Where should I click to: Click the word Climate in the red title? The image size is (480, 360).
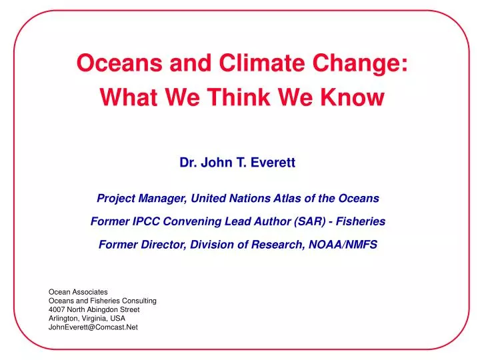(x=262, y=63)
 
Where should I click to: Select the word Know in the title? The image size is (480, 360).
(x=352, y=97)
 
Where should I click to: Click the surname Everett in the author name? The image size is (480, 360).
(x=273, y=162)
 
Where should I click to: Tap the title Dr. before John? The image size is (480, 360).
(x=188, y=162)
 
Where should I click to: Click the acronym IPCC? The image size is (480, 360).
(x=146, y=221)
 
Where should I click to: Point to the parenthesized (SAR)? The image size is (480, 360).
(x=310, y=221)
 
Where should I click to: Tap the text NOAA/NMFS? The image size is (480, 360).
(x=343, y=245)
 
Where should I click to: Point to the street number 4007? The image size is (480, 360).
(x=57, y=309)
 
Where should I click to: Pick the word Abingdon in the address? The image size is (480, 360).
(x=101, y=310)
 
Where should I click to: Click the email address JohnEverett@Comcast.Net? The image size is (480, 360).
(x=93, y=327)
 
